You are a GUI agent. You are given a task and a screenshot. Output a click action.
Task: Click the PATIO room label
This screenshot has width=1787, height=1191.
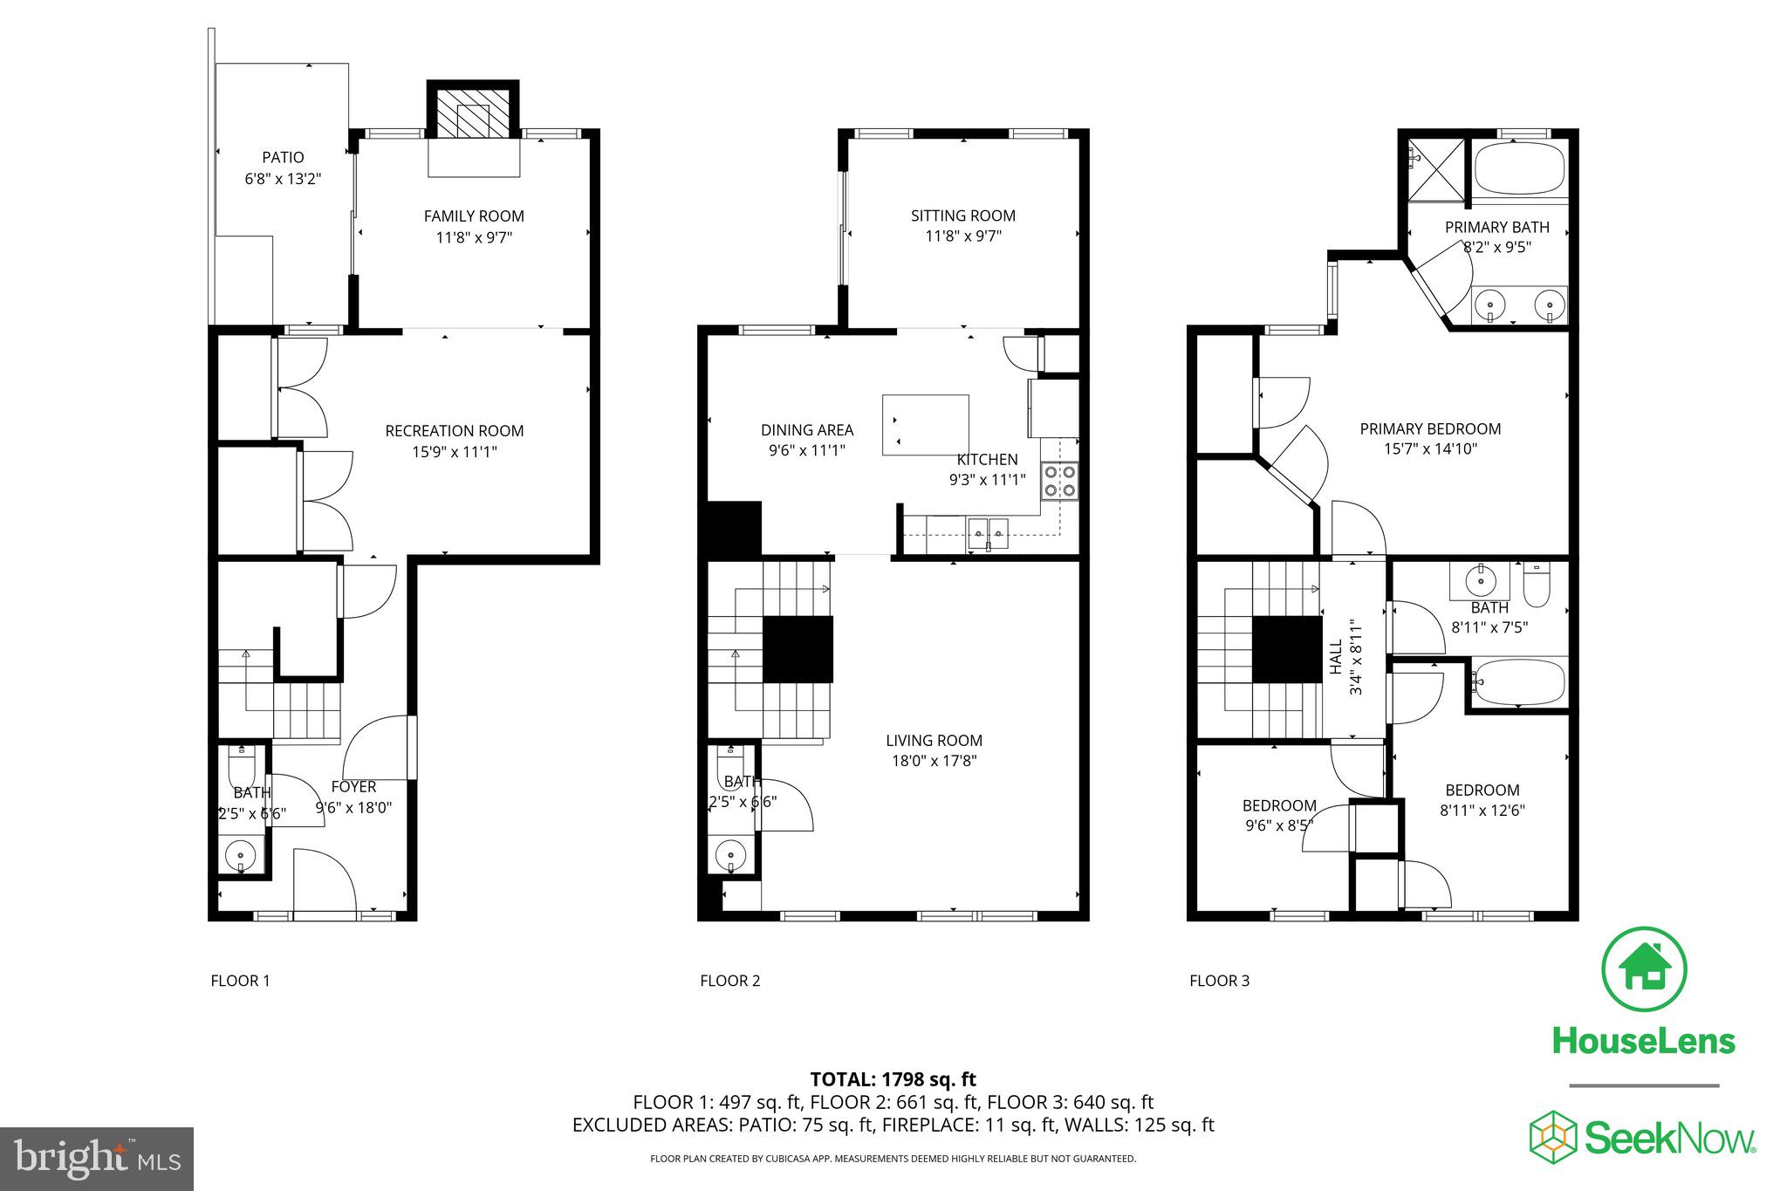[x=283, y=158]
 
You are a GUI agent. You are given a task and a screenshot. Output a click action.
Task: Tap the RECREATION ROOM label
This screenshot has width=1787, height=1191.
[x=454, y=431]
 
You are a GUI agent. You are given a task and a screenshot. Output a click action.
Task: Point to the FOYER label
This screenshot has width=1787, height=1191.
[x=353, y=787]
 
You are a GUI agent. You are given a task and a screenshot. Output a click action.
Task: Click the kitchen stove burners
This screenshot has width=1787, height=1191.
[x=1059, y=482]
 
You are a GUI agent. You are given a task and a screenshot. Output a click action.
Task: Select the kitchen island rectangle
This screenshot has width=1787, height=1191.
[x=925, y=425]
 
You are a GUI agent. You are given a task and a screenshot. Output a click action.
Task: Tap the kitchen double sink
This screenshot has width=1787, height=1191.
[x=988, y=530]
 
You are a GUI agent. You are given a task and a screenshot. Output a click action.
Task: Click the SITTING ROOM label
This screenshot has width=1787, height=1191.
[x=962, y=216]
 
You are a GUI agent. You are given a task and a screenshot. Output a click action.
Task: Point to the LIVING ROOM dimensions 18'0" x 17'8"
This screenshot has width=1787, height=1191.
[x=934, y=761]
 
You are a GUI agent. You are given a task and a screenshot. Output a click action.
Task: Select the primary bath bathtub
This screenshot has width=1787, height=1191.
[x=1519, y=169]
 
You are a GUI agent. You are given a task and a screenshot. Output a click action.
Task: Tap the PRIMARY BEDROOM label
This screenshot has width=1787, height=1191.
[x=1430, y=429]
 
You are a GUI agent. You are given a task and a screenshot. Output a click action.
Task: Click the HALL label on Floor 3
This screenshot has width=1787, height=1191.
[x=1336, y=656]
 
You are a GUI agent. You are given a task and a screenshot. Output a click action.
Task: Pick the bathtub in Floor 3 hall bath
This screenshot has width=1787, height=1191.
[x=1519, y=682]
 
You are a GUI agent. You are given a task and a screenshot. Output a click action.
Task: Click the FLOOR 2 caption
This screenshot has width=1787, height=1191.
[x=729, y=981]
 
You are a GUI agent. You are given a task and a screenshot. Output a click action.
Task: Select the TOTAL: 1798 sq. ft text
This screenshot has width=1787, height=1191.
[x=893, y=1079]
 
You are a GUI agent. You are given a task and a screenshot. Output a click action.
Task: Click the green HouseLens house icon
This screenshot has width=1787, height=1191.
[x=1644, y=969]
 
